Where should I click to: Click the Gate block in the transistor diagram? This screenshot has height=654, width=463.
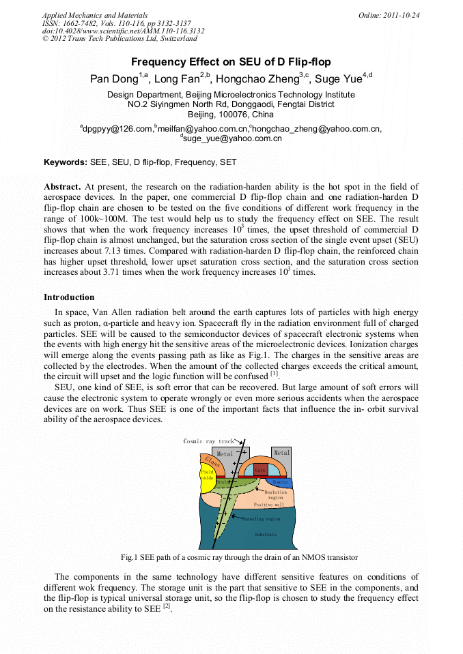(260, 470)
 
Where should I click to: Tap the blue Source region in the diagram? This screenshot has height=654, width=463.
(281, 482)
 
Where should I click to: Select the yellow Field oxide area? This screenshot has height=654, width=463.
(207, 475)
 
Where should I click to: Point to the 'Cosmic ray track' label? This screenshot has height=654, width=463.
(208, 441)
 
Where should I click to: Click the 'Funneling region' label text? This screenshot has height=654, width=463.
(262, 519)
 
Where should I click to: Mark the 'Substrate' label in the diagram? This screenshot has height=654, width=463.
(266, 535)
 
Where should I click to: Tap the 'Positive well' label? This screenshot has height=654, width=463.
(268, 505)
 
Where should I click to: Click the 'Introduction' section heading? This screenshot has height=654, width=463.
(69, 297)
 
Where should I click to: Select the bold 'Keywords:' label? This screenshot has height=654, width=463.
(66, 162)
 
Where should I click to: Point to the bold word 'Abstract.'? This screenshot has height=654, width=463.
(62, 186)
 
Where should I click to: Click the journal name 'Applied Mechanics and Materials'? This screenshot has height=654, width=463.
(96, 14)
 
